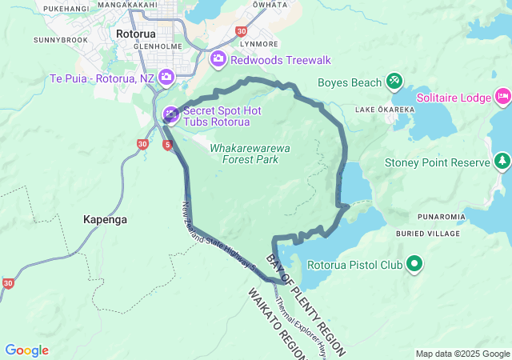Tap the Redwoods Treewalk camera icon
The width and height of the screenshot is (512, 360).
coord(218,59)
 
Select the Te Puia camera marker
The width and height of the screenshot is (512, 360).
coord(166,78)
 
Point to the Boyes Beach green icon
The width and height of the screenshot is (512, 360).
coord(394,81)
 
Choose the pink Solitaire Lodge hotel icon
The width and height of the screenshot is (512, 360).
coord(502,97)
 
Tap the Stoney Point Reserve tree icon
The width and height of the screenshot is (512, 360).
coord(502,162)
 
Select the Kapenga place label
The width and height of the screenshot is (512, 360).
coord(106,219)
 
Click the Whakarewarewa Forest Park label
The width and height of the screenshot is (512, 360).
coord(250,154)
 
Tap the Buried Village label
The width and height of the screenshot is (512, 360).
coord(428,234)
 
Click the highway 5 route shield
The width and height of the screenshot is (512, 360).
coord(167,145)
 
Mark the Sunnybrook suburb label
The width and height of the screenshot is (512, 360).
coord(60,38)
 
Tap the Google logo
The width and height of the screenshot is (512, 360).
coord(26,350)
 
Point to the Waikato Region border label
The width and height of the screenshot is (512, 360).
coord(277,320)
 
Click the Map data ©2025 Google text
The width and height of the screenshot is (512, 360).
coord(462,354)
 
